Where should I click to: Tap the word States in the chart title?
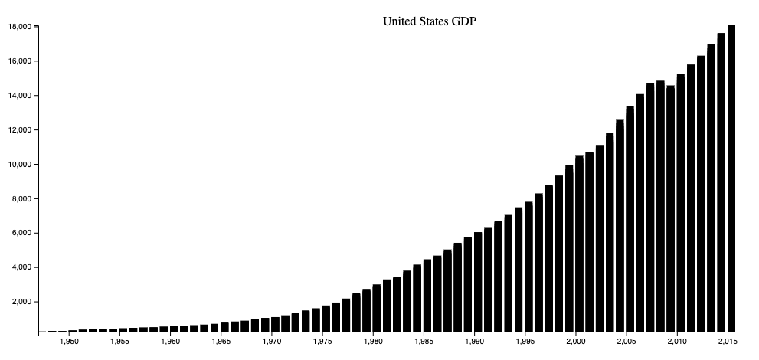[430, 21]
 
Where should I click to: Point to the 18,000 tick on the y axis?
[19, 27]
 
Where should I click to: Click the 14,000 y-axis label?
[19, 95]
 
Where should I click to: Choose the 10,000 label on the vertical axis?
[19, 164]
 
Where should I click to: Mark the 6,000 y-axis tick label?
[21, 233]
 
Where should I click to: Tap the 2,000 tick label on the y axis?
[21, 302]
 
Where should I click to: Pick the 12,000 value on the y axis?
[19, 129]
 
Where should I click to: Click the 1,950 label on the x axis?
[69, 342]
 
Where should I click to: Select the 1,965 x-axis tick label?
[221, 342]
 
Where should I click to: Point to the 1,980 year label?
[373, 342]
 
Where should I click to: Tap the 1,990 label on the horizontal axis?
[474, 342]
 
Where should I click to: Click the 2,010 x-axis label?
[677, 342]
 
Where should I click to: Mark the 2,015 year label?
[728, 342]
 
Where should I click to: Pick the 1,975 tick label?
[322, 342]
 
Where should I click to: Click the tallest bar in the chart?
[731, 178]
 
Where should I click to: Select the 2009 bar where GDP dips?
[670, 208]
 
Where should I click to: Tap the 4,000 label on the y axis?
[21, 267]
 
